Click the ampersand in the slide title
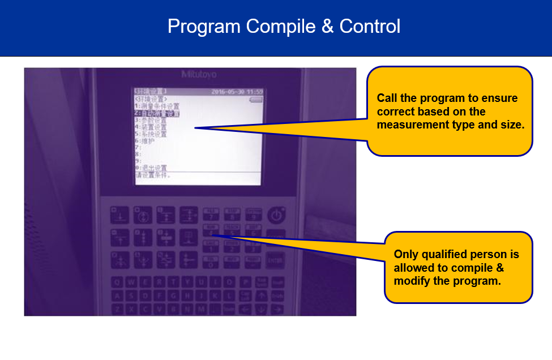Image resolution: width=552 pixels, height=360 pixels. click(x=328, y=27)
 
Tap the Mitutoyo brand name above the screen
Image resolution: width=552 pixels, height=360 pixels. click(x=199, y=74)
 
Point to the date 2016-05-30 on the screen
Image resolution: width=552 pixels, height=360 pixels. click(x=229, y=92)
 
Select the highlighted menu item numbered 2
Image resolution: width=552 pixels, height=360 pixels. click(x=157, y=113)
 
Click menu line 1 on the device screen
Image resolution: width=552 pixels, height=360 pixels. click(x=157, y=106)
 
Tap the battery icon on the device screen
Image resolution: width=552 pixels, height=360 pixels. click(x=256, y=99)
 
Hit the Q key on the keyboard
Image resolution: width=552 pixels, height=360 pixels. click(x=117, y=282)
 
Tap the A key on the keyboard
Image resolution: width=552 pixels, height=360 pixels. click(x=117, y=295)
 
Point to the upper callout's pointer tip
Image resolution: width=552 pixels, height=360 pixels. click(x=196, y=128)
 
